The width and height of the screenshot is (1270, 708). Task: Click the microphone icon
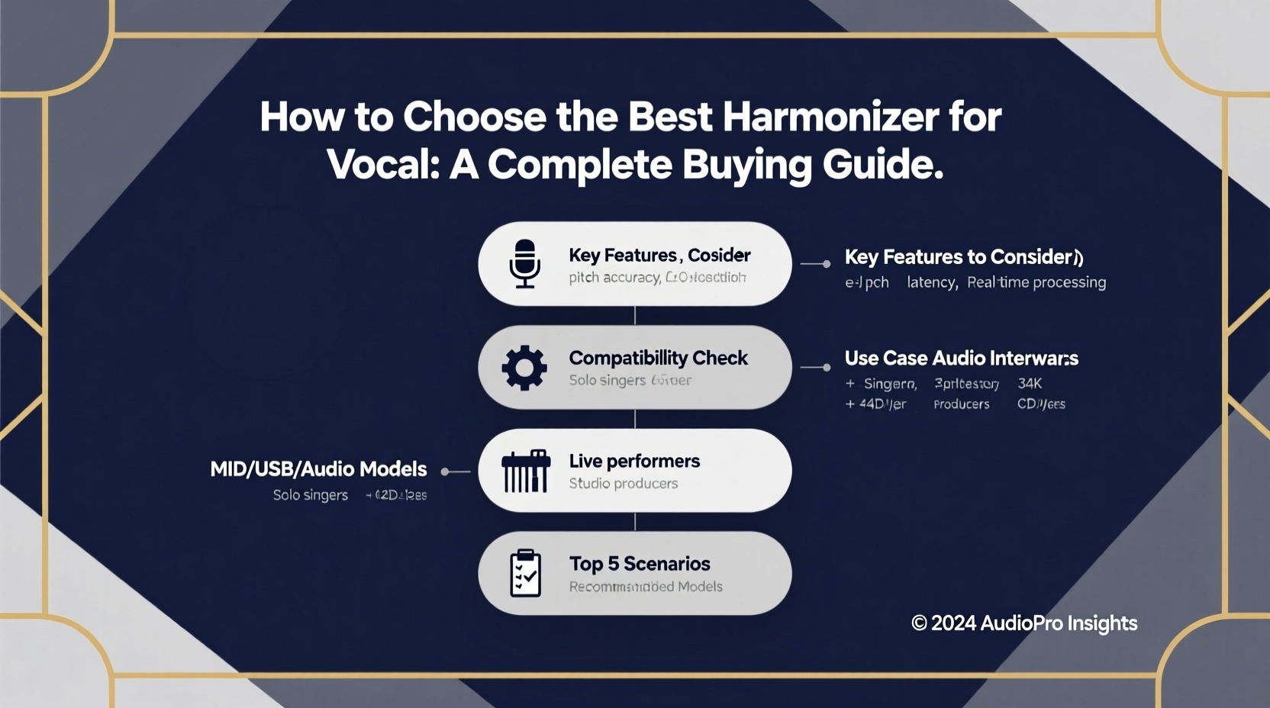click(x=524, y=263)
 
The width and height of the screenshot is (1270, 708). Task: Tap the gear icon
click(x=524, y=368)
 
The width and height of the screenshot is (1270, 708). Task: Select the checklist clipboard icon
click(x=525, y=573)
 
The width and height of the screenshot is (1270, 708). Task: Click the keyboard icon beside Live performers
click(x=525, y=471)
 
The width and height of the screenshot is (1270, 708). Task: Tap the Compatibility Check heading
click(x=658, y=358)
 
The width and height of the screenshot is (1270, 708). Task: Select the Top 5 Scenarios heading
click(x=640, y=564)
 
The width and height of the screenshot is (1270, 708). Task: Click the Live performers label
click(x=634, y=461)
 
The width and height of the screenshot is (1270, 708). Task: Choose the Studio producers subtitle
click(x=623, y=483)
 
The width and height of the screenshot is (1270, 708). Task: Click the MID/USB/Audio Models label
click(x=318, y=468)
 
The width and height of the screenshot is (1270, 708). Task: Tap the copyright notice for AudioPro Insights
click(x=1023, y=623)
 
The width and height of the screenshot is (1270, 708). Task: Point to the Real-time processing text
click(x=1036, y=282)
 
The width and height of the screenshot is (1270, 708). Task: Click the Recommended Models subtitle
click(x=646, y=587)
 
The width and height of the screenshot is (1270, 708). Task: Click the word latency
click(x=931, y=282)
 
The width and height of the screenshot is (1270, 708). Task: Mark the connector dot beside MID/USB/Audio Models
click(x=445, y=471)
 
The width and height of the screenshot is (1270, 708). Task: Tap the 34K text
click(x=1029, y=383)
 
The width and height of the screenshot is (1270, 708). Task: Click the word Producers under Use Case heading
click(x=961, y=404)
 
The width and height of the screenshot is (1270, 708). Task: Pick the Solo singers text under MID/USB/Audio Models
click(x=310, y=495)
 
